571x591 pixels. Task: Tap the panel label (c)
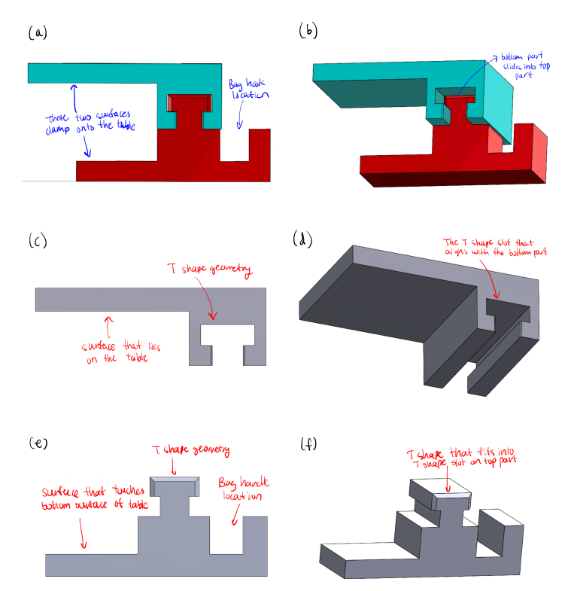pos(38,242)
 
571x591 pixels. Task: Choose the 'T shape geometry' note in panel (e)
pos(190,451)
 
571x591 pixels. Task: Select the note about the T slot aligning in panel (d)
pos(493,245)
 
